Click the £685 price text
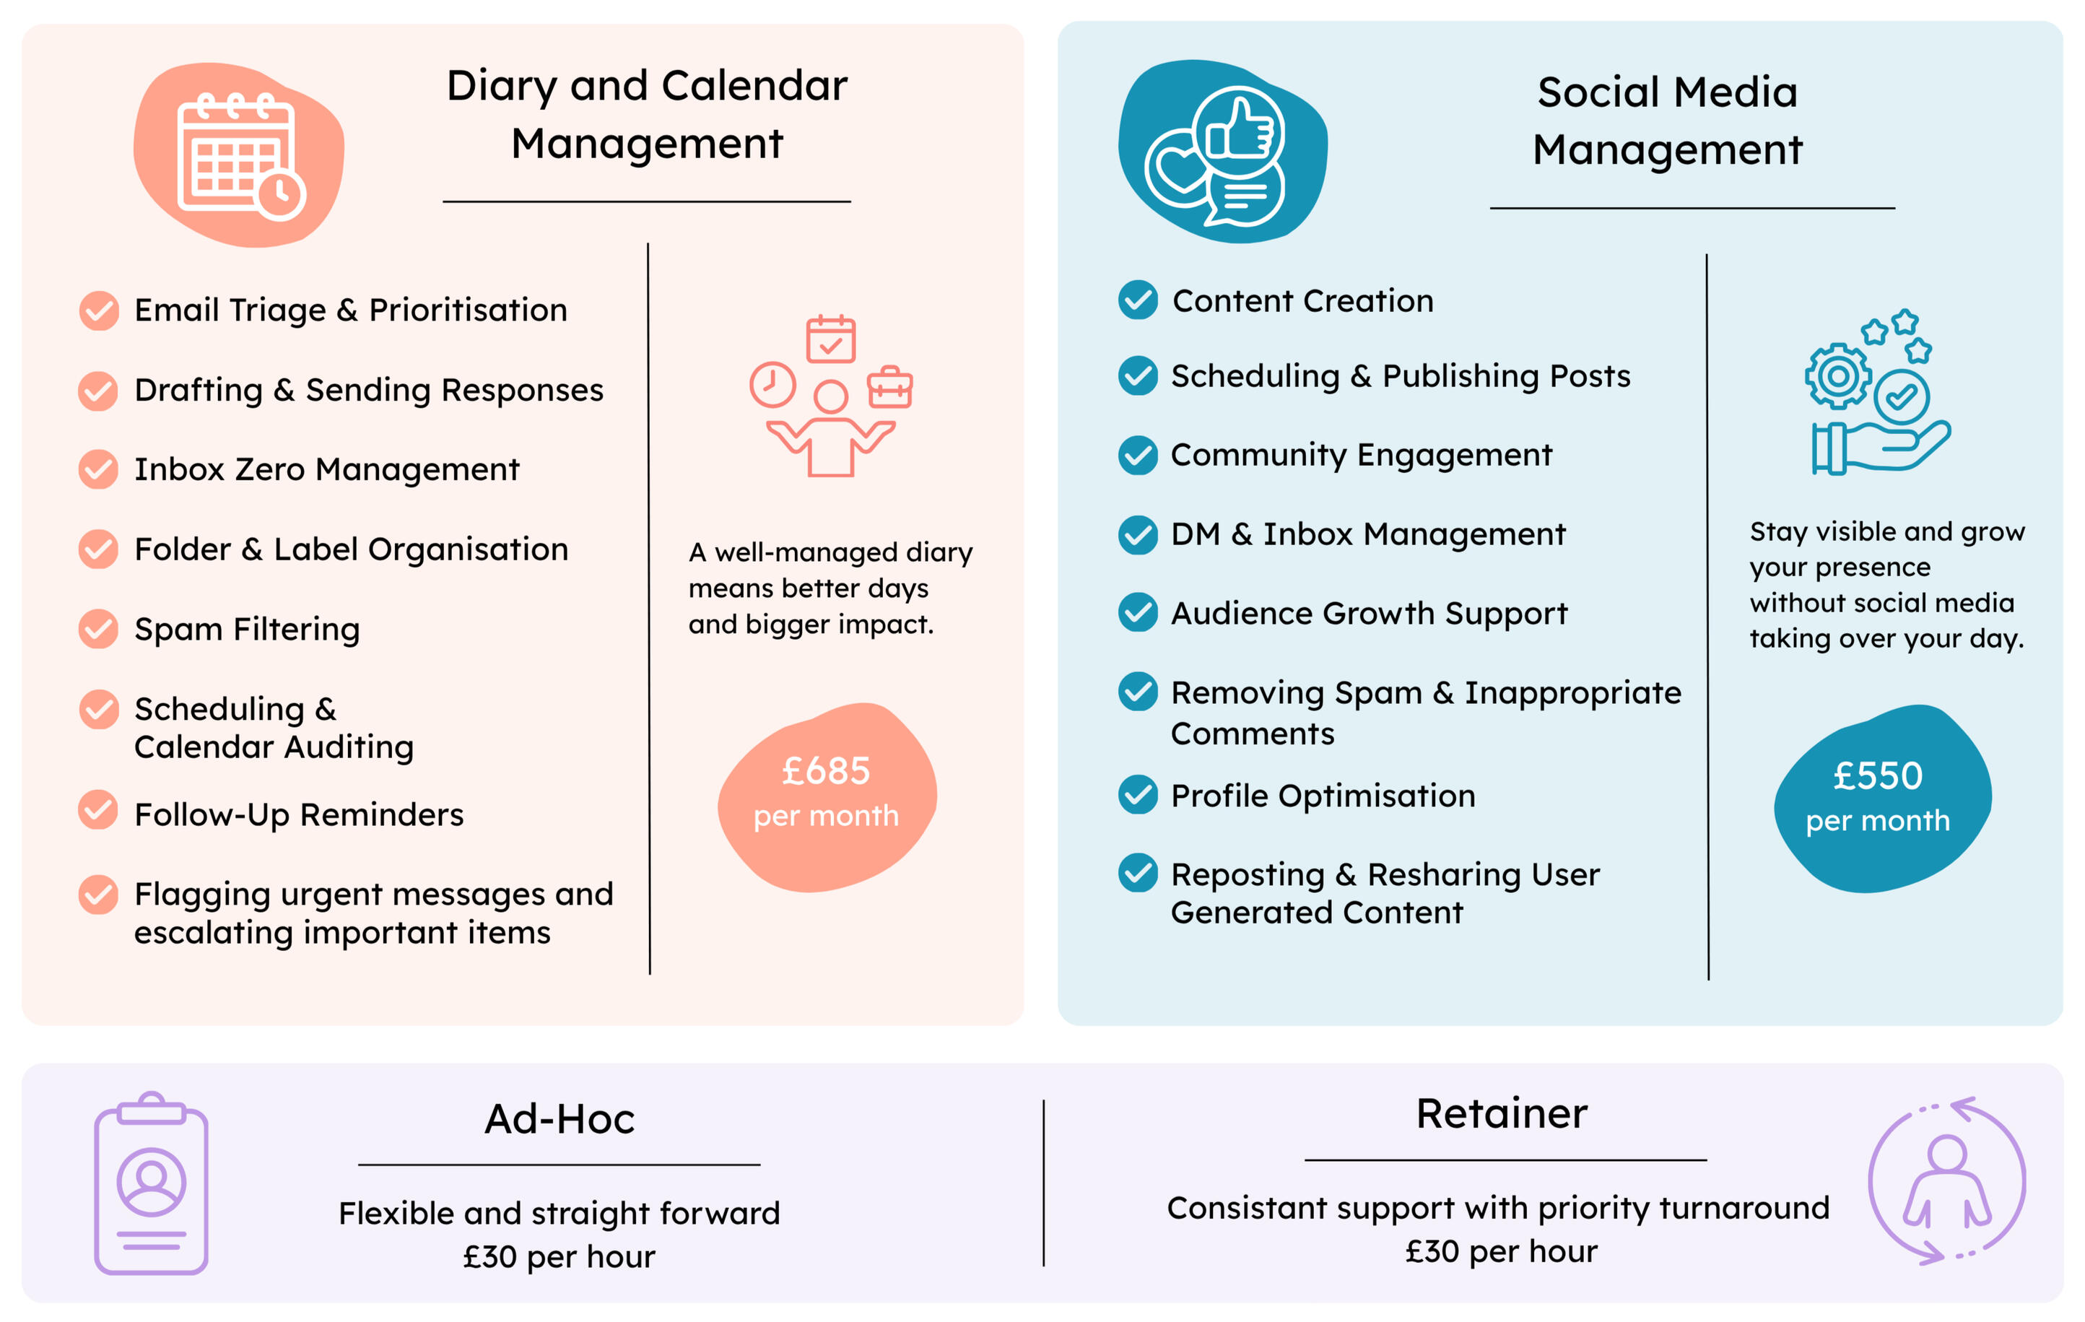(x=825, y=770)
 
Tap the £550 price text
(x=1878, y=775)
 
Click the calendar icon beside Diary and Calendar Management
(x=240, y=156)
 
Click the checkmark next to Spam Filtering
(x=99, y=629)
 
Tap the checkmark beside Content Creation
(x=1138, y=300)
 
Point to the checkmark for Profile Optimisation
(x=1138, y=795)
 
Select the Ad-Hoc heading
(x=560, y=1118)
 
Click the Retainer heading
(x=1502, y=1113)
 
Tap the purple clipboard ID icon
(x=152, y=1183)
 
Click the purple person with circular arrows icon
(x=1947, y=1181)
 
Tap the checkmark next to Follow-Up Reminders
(x=99, y=809)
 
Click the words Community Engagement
(x=1361, y=456)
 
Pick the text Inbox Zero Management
(x=326, y=469)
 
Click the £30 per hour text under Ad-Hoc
(x=560, y=1256)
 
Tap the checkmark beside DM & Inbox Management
(x=1138, y=535)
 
